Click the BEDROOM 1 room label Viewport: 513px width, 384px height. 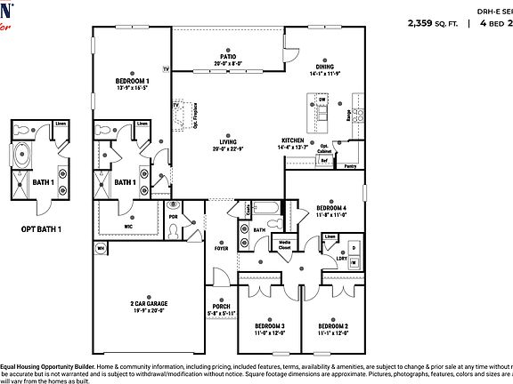[x=131, y=81]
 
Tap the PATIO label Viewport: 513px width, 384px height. [x=210, y=55]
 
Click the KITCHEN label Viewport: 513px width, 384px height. [x=294, y=140]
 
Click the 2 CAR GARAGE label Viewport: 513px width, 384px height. [x=149, y=303]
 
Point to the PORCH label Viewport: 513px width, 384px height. [x=221, y=309]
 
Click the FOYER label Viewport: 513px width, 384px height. [x=221, y=248]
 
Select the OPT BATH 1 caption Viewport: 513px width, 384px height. [x=41, y=229]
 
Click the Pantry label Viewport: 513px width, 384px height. [x=350, y=166]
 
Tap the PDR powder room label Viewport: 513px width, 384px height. [x=174, y=215]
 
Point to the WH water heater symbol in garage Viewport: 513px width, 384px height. [x=100, y=247]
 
